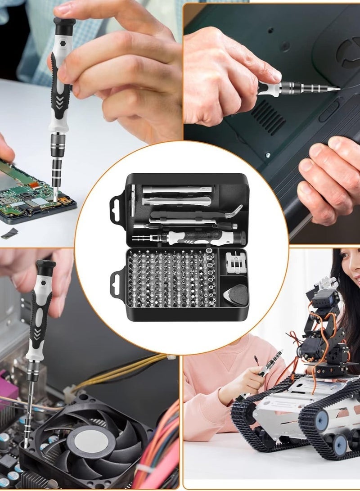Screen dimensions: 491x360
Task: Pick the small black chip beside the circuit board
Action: (10, 233)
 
